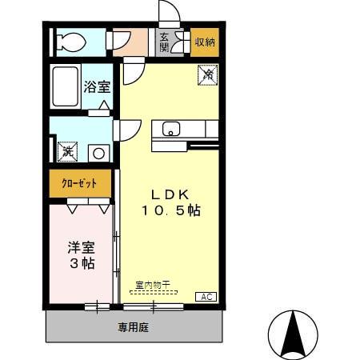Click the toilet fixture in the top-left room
pyautogui.click(x=70, y=42)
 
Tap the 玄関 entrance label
pyautogui.click(x=164, y=42)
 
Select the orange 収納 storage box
pyautogui.click(x=205, y=42)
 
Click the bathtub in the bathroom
pyautogui.click(x=65, y=86)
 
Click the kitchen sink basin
pyautogui.click(x=171, y=129)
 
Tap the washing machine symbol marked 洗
pyautogui.click(x=66, y=150)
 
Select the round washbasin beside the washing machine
pyautogui.click(x=99, y=150)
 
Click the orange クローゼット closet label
pyautogui.click(x=80, y=183)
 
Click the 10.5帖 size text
pyautogui.click(x=171, y=211)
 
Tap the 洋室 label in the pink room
pyautogui.click(x=80, y=247)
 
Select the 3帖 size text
pyautogui.click(x=80, y=263)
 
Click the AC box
pyautogui.click(x=206, y=297)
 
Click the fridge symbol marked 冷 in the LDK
pyautogui.click(x=206, y=74)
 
